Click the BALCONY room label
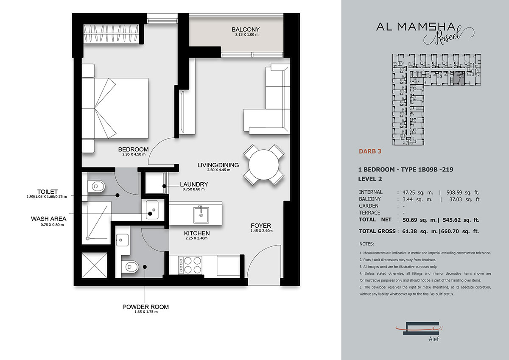243,29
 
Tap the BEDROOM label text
133,149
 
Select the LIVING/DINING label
218,165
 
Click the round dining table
263,165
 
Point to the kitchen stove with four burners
188,265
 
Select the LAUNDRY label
194,184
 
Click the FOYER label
261,225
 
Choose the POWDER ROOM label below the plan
145,307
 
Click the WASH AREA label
48,219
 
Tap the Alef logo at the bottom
424,330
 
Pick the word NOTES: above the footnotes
366,244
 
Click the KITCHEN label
197,233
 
